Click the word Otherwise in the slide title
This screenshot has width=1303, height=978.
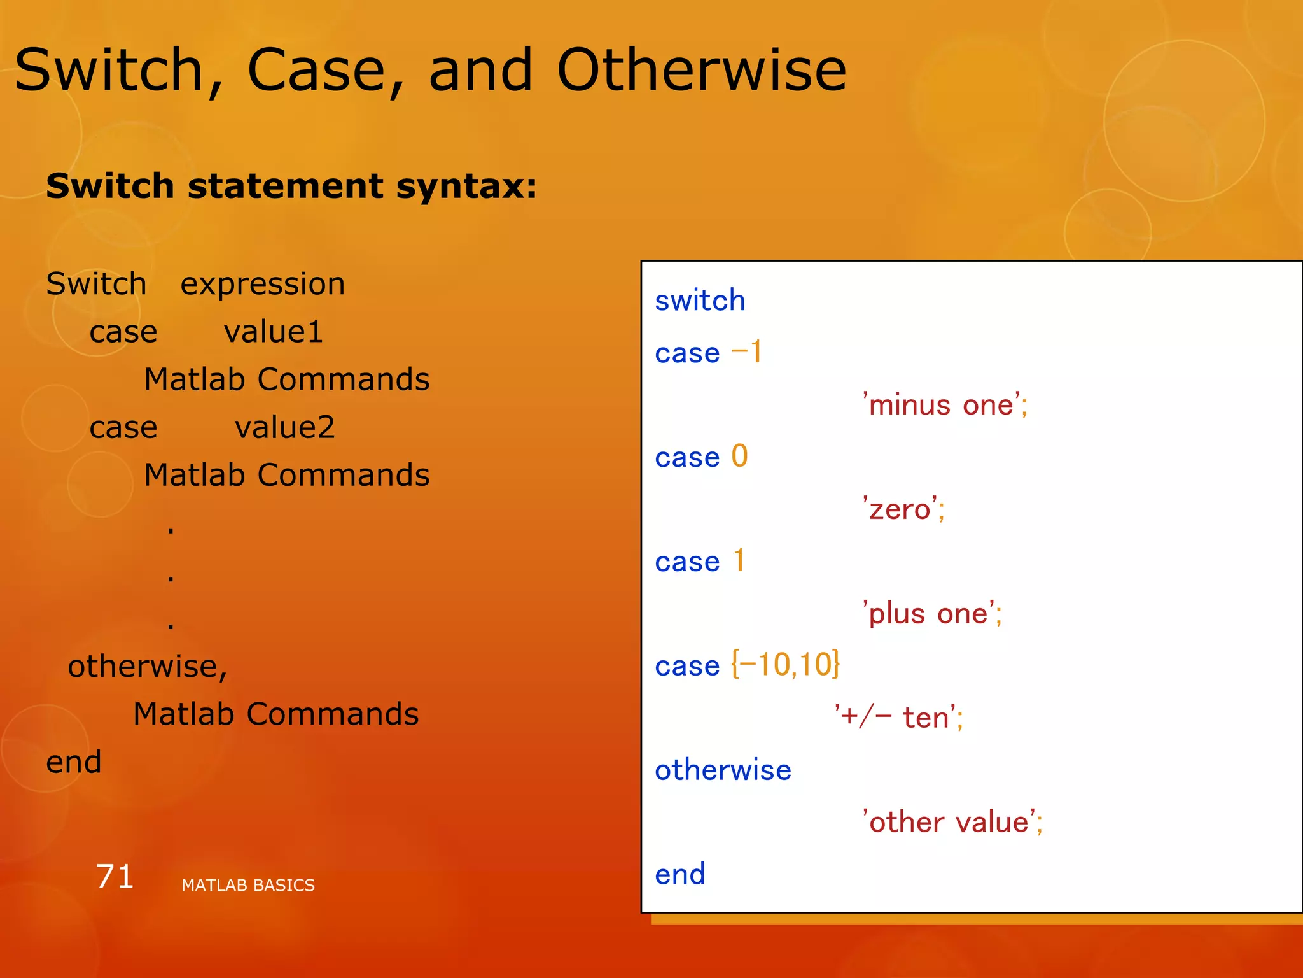(701, 70)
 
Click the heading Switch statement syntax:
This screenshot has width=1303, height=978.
(291, 186)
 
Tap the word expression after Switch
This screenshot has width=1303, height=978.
(262, 284)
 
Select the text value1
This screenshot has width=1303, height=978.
(274, 332)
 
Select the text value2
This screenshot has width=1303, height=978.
(284, 427)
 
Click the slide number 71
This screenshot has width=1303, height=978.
(115, 876)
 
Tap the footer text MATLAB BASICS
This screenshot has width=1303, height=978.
(247, 885)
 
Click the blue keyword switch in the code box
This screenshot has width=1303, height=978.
(700, 301)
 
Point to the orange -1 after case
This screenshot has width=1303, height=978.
(746, 352)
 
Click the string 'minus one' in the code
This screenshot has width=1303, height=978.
(944, 405)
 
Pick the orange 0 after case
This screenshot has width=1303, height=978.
(739, 457)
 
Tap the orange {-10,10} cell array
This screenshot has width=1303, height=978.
(785, 665)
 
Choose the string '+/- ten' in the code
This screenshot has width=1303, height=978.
(898, 718)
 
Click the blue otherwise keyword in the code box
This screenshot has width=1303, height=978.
(723, 770)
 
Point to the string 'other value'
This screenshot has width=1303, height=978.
(952, 822)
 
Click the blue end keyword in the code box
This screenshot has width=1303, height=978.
(680, 874)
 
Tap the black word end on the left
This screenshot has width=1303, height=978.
(74, 762)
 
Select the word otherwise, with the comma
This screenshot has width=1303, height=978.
(148, 667)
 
